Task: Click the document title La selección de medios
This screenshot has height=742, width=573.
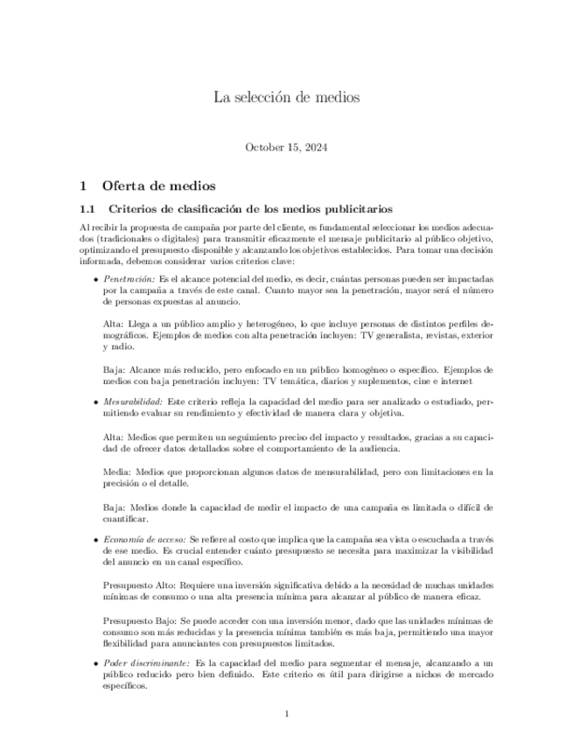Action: click(286, 97)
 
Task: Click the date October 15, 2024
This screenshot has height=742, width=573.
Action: click(286, 147)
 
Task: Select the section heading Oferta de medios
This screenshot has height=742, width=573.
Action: click(157, 185)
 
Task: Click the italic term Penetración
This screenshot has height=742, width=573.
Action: click(129, 278)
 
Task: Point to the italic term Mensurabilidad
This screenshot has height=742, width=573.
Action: click(132, 400)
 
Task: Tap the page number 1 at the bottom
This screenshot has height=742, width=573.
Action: click(286, 715)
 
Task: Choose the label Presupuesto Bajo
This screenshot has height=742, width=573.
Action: click(136, 620)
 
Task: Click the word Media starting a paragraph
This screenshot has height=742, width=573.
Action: click(116, 472)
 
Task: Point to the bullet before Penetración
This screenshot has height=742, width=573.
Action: click(95, 279)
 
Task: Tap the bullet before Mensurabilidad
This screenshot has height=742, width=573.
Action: click(95, 401)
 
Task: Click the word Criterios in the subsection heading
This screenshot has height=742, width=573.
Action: click(135, 209)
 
